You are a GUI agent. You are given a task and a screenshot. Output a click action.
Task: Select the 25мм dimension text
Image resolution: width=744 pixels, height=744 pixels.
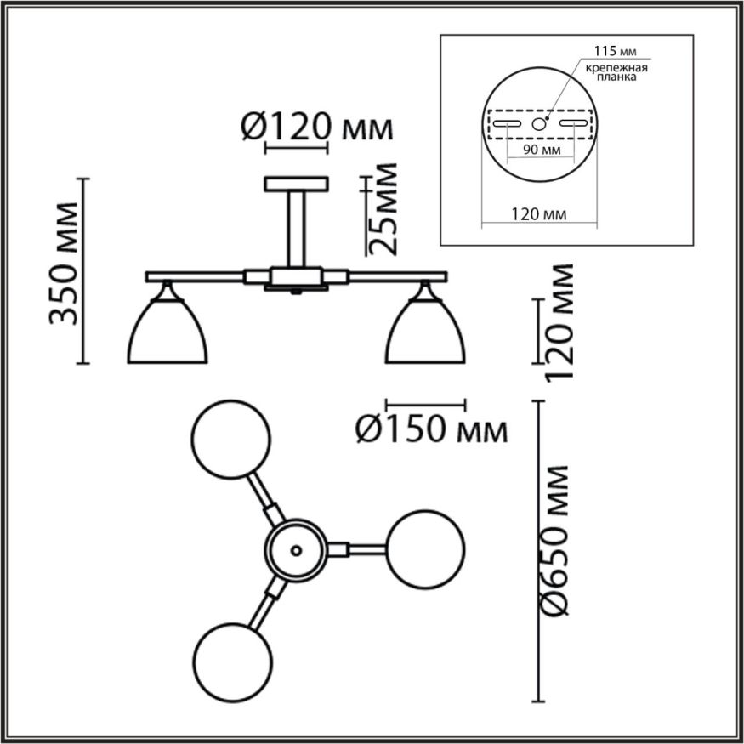coord(385,210)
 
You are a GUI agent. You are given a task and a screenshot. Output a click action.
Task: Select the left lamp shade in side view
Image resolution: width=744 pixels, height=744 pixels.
coord(168,332)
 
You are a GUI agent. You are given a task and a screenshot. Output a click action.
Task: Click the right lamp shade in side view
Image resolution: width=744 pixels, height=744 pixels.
coord(426,332)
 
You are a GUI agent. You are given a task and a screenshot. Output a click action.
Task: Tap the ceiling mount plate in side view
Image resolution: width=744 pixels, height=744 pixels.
coord(296,184)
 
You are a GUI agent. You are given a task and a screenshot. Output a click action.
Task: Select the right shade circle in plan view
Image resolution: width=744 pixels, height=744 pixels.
coord(426,549)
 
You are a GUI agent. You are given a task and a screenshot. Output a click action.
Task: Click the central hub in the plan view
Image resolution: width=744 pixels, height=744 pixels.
coord(296,549)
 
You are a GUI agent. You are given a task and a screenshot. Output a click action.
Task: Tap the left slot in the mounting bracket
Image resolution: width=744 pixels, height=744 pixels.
coord(506,124)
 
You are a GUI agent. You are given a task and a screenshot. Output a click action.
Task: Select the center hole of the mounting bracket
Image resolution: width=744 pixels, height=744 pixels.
coord(539,124)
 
